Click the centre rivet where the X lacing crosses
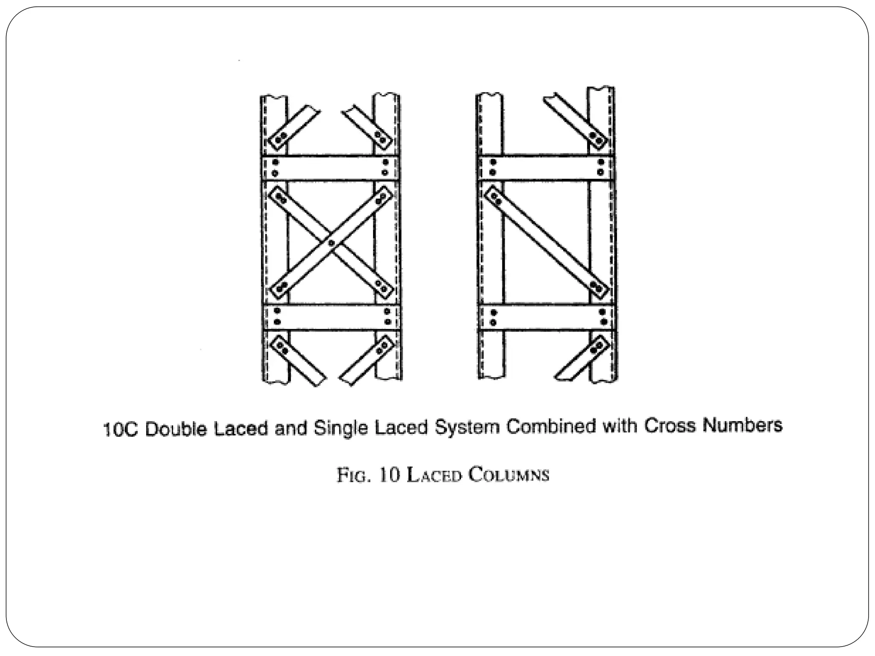pos(332,243)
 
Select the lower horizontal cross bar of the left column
pos(332,317)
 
